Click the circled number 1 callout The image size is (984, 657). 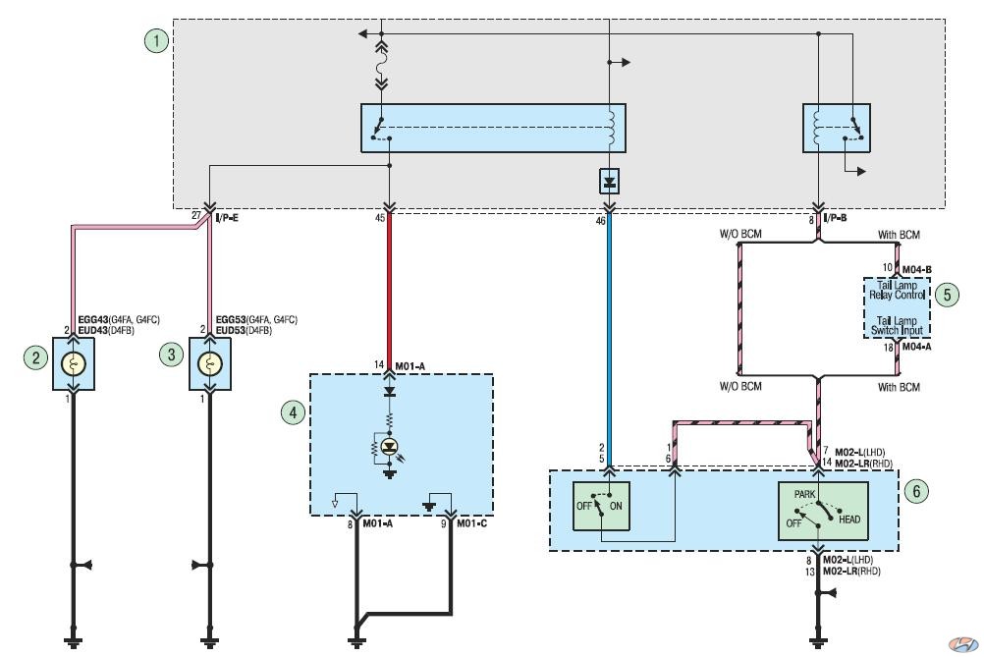156,41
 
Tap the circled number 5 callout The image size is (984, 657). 947,295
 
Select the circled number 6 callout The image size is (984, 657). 916,491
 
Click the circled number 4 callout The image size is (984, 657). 293,412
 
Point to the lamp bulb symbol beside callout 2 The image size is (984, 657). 74,364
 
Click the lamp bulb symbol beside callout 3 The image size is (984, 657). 210,364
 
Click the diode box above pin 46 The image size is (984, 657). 609,183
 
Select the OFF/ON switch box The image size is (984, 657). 601,507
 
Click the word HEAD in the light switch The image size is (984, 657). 849,520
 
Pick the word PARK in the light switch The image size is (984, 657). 804,495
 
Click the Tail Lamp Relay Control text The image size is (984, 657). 897,290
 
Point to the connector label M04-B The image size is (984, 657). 917,270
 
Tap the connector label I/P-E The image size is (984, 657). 227,218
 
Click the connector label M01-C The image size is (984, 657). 471,523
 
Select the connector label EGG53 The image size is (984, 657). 231,319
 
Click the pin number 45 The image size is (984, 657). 380,218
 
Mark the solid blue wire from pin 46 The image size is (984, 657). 609,340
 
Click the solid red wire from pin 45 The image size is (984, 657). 389,291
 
